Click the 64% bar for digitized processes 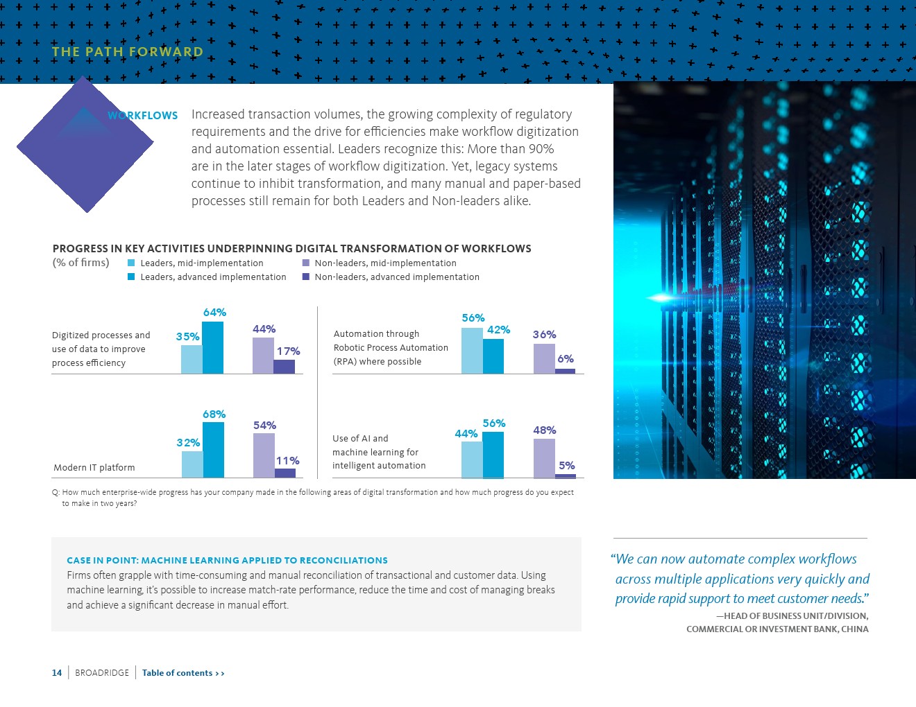(x=212, y=348)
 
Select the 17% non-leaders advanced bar (x=284, y=367)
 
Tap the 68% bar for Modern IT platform (x=213, y=450)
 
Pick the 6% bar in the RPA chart (x=565, y=371)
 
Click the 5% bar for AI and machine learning (x=565, y=476)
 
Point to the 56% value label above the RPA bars (x=473, y=318)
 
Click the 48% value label (x=545, y=430)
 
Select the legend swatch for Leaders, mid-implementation (x=131, y=263)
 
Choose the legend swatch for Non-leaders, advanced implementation (x=306, y=277)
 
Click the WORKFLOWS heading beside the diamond (x=143, y=116)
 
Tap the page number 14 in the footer (x=57, y=673)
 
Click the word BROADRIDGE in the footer (x=102, y=673)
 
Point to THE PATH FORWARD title (x=128, y=52)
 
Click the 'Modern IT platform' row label (x=94, y=468)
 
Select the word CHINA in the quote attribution (x=854, y=629)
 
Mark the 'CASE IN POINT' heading (x=227, y=560)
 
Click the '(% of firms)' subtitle (x=81, y=263)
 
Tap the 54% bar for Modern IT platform (x=264, y=455)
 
